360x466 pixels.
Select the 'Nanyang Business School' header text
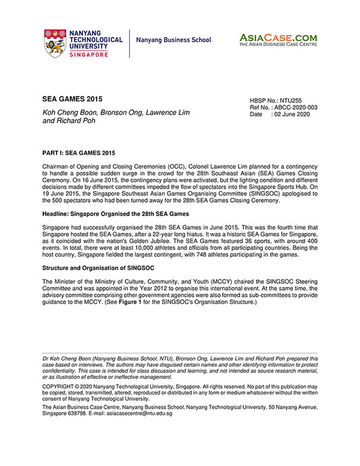174,40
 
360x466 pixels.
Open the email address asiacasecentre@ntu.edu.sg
140,413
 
